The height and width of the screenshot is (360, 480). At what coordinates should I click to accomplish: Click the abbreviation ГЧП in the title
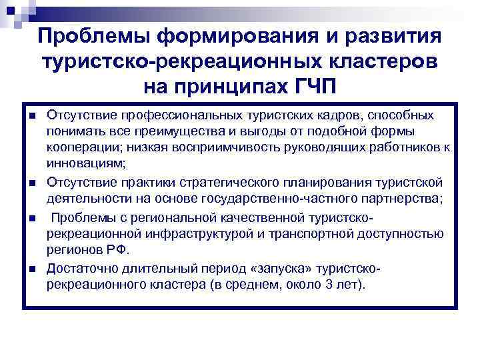308,87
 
